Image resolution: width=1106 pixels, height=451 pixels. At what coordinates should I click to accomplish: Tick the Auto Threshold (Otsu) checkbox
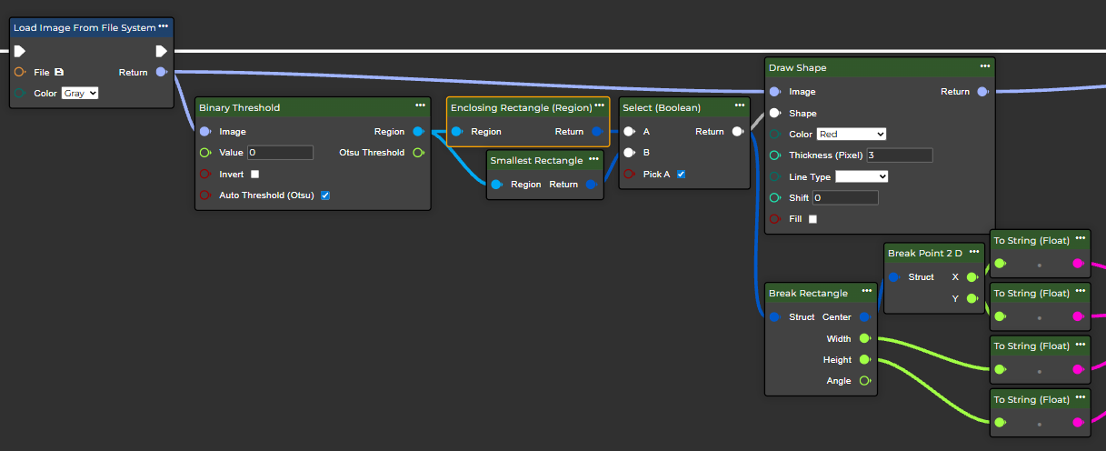click(x=325, y=195)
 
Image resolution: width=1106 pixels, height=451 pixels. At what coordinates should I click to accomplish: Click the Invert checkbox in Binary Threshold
click(x=254, y=174)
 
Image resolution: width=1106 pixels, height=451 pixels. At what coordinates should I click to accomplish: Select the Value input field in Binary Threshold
click(x=280, y=153)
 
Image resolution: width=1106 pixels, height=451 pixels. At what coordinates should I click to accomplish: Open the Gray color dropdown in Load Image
click(x=80, y=93)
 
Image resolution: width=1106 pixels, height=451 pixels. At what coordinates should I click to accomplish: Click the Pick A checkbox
click(x=681, y=174)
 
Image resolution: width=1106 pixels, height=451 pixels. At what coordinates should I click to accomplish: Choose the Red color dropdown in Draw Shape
click(x=851, y=134)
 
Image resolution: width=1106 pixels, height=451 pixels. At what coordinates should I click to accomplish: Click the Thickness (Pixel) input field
click(x=900, y=155)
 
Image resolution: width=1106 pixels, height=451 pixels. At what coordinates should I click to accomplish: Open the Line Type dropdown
click(x=861, y=176)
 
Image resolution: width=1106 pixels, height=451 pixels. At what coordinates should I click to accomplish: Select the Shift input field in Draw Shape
click(x=845, y=197)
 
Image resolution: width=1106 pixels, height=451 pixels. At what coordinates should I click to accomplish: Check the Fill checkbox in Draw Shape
click(x=812, y=219)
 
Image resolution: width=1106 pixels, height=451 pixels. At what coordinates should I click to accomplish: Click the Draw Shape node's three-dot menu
click(x=985, y=66)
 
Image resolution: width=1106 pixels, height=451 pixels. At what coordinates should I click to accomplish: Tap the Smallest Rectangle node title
click(x=536, y=161)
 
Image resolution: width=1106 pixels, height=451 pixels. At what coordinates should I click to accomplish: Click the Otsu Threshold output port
click(x=418, y=153)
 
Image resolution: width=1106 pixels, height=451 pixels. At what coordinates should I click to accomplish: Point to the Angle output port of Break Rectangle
click(x=864, y=381)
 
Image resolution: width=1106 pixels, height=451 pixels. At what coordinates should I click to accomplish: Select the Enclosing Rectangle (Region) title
click(x=521, y=107)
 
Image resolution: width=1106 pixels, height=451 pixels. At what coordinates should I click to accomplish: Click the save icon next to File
click(x=59, y=72)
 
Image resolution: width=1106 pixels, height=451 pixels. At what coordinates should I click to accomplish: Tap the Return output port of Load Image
click(x=161, y=72)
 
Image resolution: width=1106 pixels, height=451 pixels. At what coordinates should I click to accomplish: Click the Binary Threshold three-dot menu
click(x=420, y=106)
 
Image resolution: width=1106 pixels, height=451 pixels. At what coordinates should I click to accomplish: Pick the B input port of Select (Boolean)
click(x=629, y=153)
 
